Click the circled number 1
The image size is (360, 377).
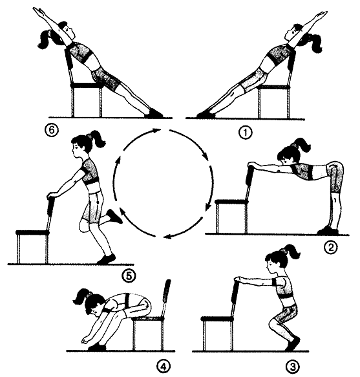click(246, 133)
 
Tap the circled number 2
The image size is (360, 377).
click(331, 247)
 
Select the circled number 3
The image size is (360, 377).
click(293, 367)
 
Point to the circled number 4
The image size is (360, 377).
click(164, 367)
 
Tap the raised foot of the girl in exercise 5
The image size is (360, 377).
click(114, 217)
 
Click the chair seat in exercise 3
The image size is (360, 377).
click(217, 319)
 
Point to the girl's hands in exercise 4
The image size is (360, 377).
click(86, 341)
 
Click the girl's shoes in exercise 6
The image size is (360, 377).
click(154, 114)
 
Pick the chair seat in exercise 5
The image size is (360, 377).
click(33, 233)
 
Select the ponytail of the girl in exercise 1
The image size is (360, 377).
click(315, 43)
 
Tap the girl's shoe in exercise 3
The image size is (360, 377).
click(293, 344)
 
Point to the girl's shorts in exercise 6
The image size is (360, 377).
click(106, 78)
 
